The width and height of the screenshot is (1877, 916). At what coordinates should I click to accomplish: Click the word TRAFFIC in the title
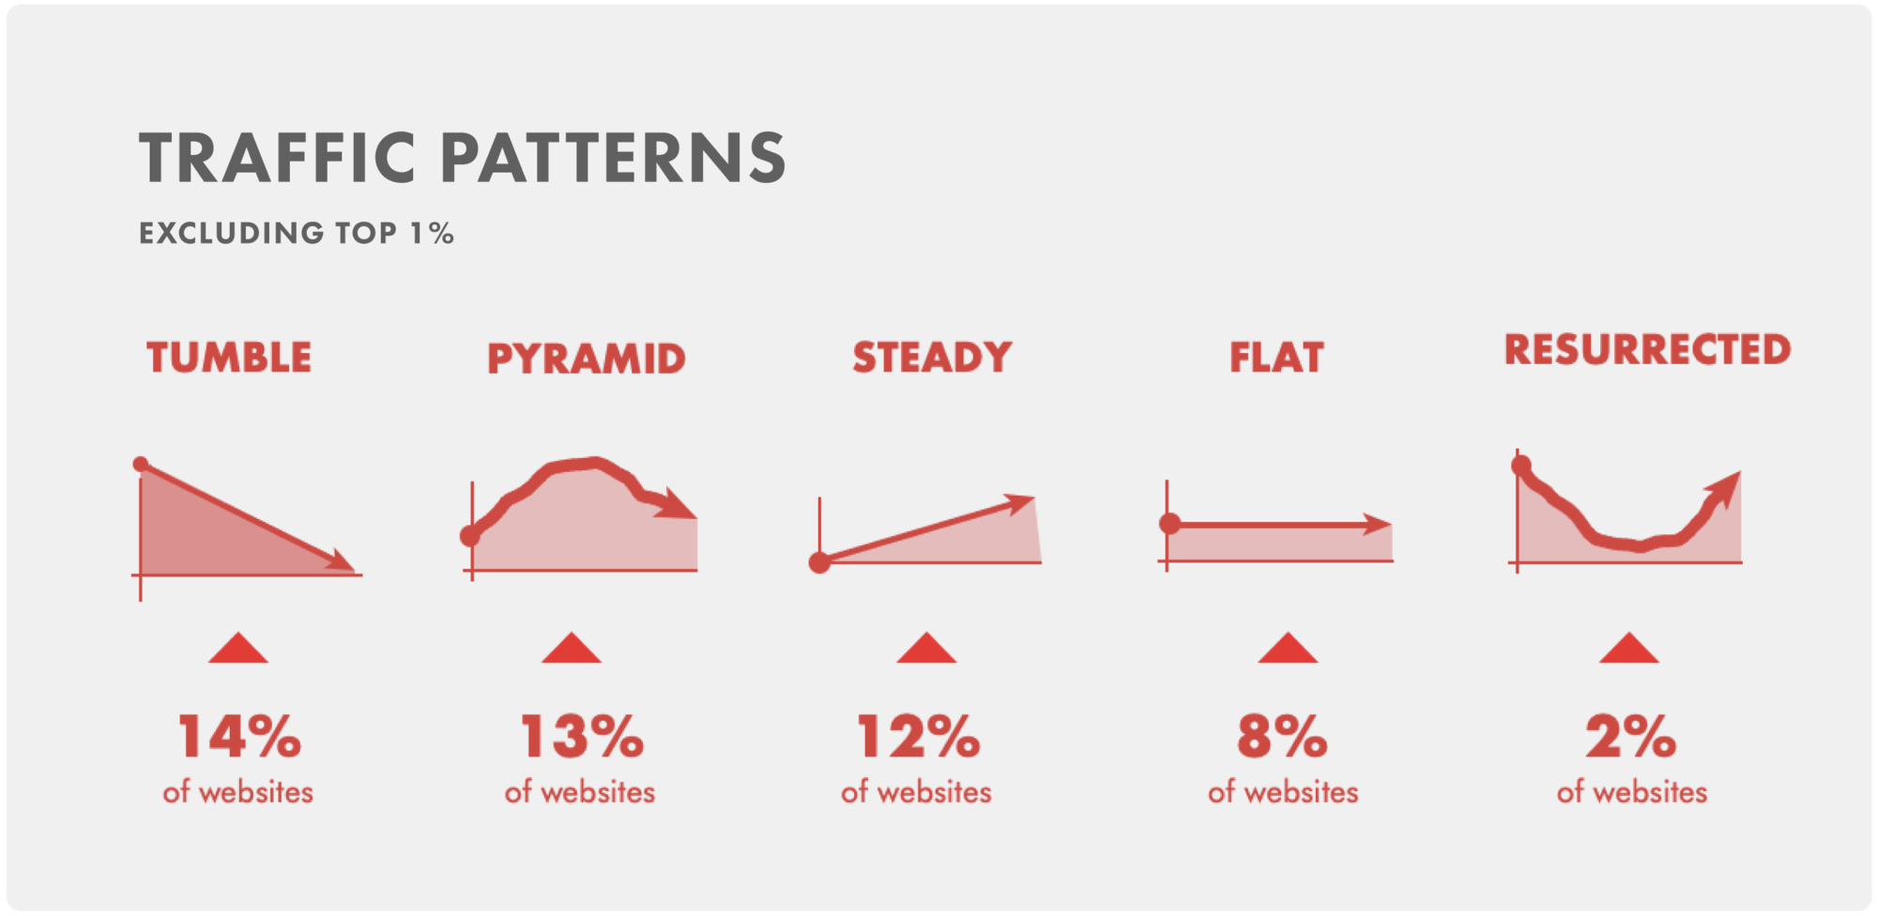pos(278,157)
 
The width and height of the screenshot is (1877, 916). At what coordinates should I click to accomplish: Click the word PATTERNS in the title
pos(614,157)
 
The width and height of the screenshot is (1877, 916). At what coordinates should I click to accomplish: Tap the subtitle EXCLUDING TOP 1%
pos(297,233)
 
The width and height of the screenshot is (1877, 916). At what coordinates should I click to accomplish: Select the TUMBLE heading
pos(229,358)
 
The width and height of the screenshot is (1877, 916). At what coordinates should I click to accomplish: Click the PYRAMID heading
pos(587,359)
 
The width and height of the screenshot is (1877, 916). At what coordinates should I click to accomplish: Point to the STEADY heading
pos(932,358)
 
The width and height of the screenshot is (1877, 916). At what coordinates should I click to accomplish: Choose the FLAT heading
pos(1277,358)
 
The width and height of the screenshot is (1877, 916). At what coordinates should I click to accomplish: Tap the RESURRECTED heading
pos(1648,349)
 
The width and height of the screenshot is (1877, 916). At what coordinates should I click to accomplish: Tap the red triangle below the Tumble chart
pos(238,649)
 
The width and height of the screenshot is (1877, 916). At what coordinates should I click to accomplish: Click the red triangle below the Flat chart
pos(1288,649)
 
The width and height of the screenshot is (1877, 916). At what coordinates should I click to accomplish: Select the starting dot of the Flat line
pos(1169,524)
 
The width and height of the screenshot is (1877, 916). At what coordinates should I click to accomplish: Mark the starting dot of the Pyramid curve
pos(470,537)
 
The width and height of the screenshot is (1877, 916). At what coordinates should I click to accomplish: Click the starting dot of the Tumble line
pos(141,464)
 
